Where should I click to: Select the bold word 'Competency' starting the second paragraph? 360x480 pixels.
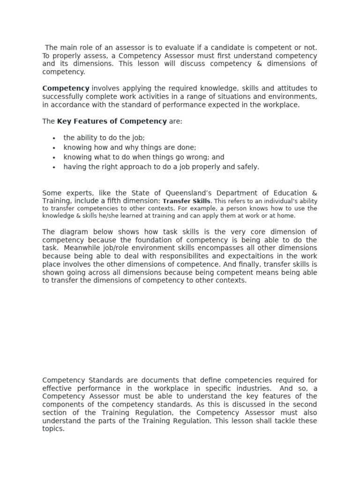[x=66, y=88]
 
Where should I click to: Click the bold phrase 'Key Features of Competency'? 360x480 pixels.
[x=112, y=121]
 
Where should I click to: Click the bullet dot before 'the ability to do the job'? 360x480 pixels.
[x=55, y=138]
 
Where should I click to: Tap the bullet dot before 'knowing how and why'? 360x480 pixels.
[x=55, y=148]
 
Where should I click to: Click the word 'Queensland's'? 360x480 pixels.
[x=183, y=193]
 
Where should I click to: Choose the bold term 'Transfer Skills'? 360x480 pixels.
[x=186, y=201]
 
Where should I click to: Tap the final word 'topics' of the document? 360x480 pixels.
[x=52, y=429]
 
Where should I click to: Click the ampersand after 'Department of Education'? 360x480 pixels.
[x=314, y=193]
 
